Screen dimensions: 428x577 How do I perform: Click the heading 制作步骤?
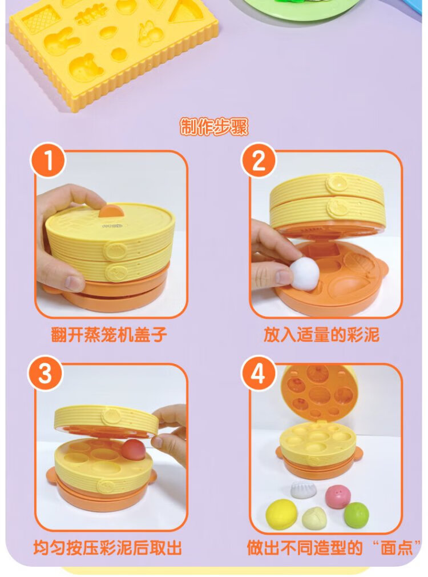[213, 127]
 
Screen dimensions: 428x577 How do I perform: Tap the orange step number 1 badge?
[48, 160]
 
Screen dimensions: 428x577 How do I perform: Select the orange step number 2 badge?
[259, 160]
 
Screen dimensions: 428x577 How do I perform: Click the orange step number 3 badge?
[46, 373]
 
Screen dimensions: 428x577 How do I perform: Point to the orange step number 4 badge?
[259, 373]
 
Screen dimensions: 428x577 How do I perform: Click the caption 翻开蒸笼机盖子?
[109, 335]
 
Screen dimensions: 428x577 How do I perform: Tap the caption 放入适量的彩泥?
[321, 335]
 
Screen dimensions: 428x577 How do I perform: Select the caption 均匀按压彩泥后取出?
[107, 547]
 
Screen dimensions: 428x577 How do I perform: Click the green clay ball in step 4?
[356, 514]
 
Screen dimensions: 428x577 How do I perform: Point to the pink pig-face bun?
[338, 496]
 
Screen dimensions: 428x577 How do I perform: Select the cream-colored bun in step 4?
[314, 519]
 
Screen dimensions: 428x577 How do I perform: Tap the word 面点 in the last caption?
[397, 547]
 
